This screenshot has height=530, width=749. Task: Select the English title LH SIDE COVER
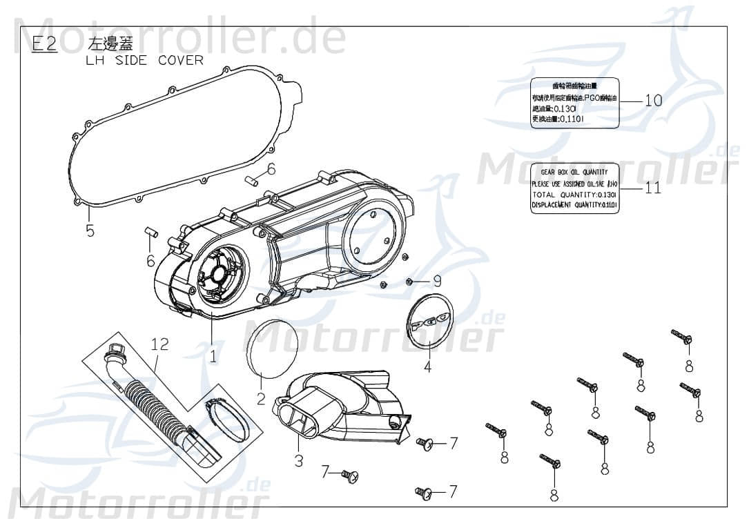(x=144, y=60)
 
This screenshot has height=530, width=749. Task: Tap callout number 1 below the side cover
(x=213, y=356)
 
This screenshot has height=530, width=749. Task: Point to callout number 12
(x=159, y=344)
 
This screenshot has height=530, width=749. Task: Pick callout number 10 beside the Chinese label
(x=653, y=100)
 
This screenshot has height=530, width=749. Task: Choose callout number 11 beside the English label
(x=652, y=187)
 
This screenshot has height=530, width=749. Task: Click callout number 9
(x=436, y=280)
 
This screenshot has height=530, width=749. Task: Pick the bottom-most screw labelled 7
(x=423, y=492)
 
